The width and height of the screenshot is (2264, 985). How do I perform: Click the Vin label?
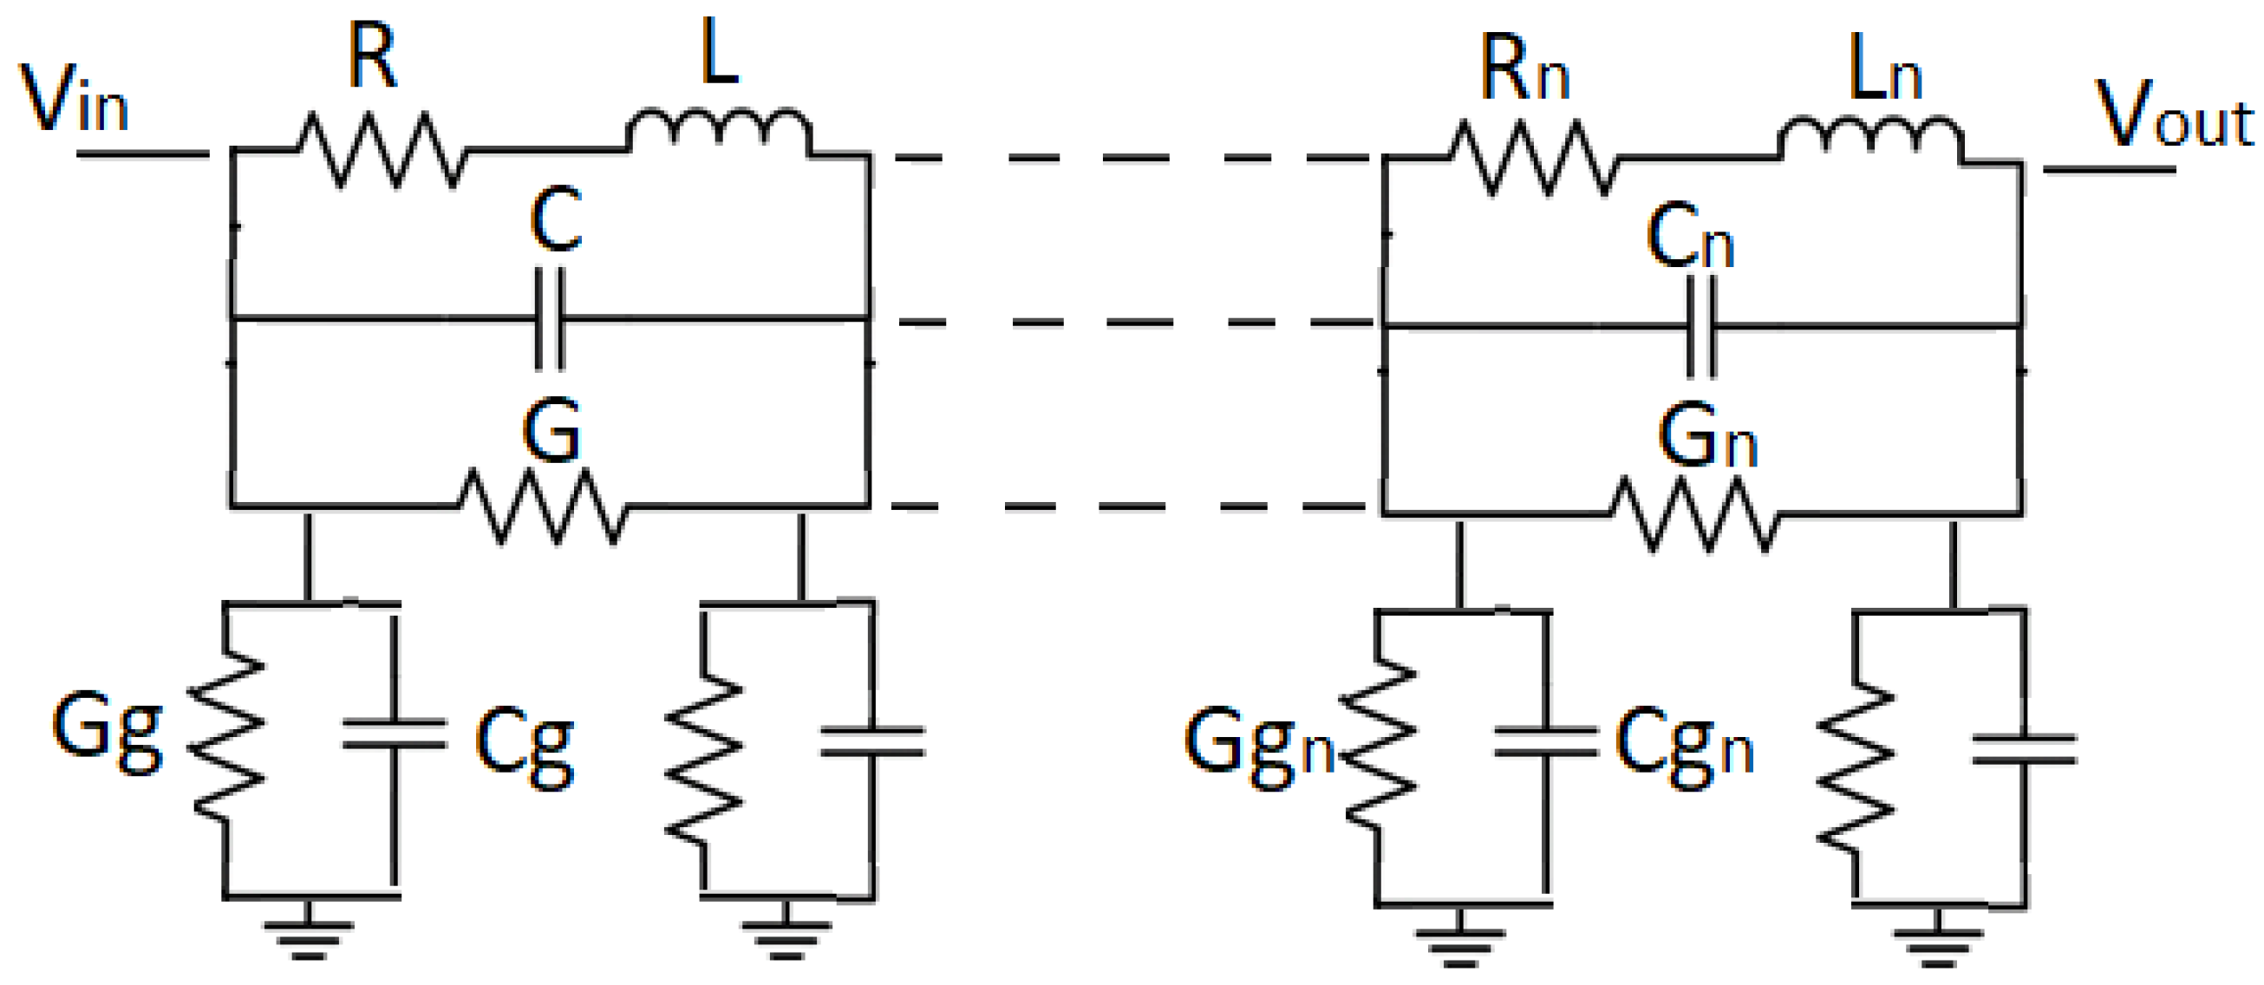pyautogui.click(x=74, y=100)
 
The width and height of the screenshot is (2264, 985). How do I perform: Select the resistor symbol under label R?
pyautogui.click(x=381, y=149)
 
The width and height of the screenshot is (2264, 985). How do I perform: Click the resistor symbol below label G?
pyautogui.click(x=543, y=507)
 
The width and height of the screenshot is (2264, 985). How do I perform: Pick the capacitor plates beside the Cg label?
pyautogui.click(x=394, y=734)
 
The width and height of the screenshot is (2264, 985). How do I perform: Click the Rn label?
pyautogui.click(x=1524, y=70)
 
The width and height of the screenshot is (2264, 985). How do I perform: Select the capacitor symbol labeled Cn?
pyautogui.click(x=1701, y=326)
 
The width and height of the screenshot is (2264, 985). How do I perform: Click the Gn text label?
pyautogui.click(x=1706, y=437)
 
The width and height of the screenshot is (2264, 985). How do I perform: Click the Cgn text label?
pyautogui.click(x=1683, y=747)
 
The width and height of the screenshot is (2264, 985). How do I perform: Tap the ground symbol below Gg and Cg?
pyautogui.click(x=308, y=936)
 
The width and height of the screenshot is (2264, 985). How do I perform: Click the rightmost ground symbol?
pyautogui.click(x=1937, y=943)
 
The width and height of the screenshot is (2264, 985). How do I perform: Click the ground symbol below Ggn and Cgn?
pyautogui.click(x=1460, y=943)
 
